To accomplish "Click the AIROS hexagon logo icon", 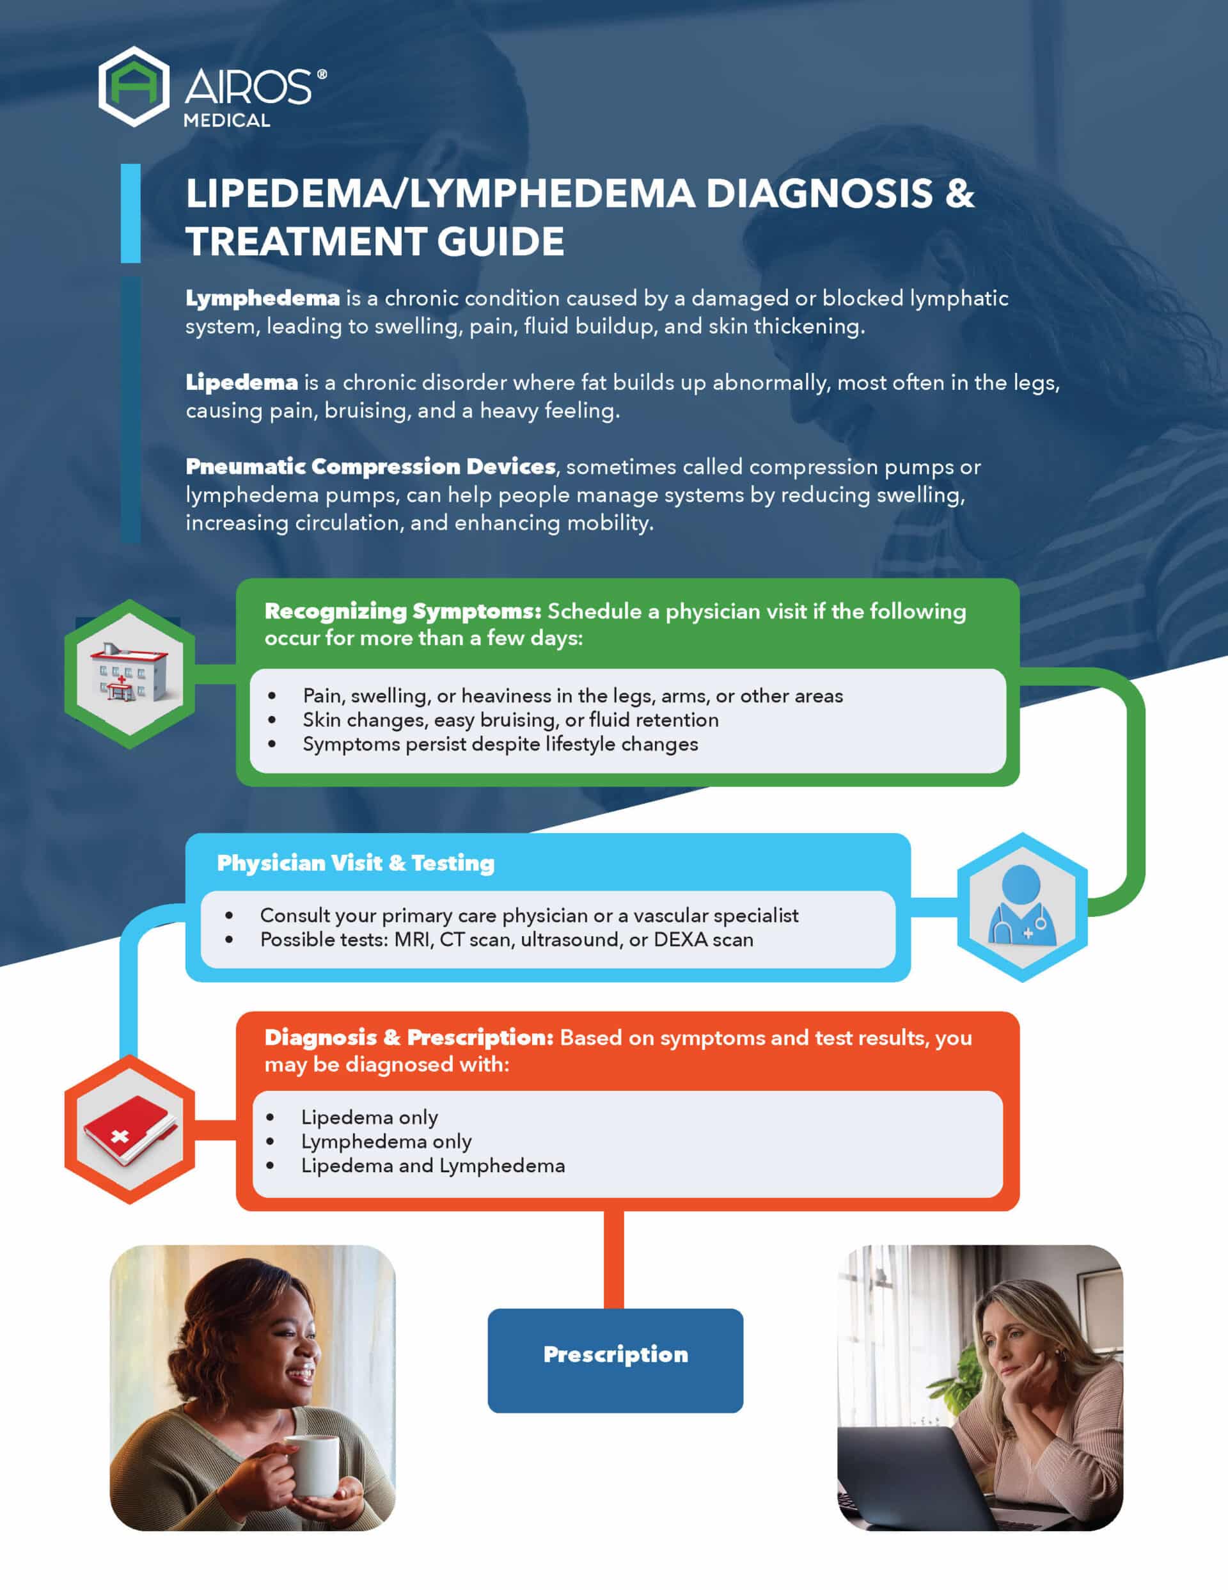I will tap(134, 86).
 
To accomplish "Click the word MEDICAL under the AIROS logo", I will tap(226, 121).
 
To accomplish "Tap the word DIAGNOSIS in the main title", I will tap(819, 194).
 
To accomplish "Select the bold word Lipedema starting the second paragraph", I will tap(242, 382).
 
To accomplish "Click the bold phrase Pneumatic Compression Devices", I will tap(370, 466).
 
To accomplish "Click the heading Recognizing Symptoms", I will tap(402, 612).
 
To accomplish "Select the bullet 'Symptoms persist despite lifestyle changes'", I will tap(500, 744).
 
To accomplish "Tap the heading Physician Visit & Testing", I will tap(355, 863).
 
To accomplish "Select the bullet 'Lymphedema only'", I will tap(386, 1141).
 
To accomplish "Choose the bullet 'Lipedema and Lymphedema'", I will tap(432, 1166).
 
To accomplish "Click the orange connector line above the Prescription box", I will tap(613, 1259).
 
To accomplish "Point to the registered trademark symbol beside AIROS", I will tap(322, 74).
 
